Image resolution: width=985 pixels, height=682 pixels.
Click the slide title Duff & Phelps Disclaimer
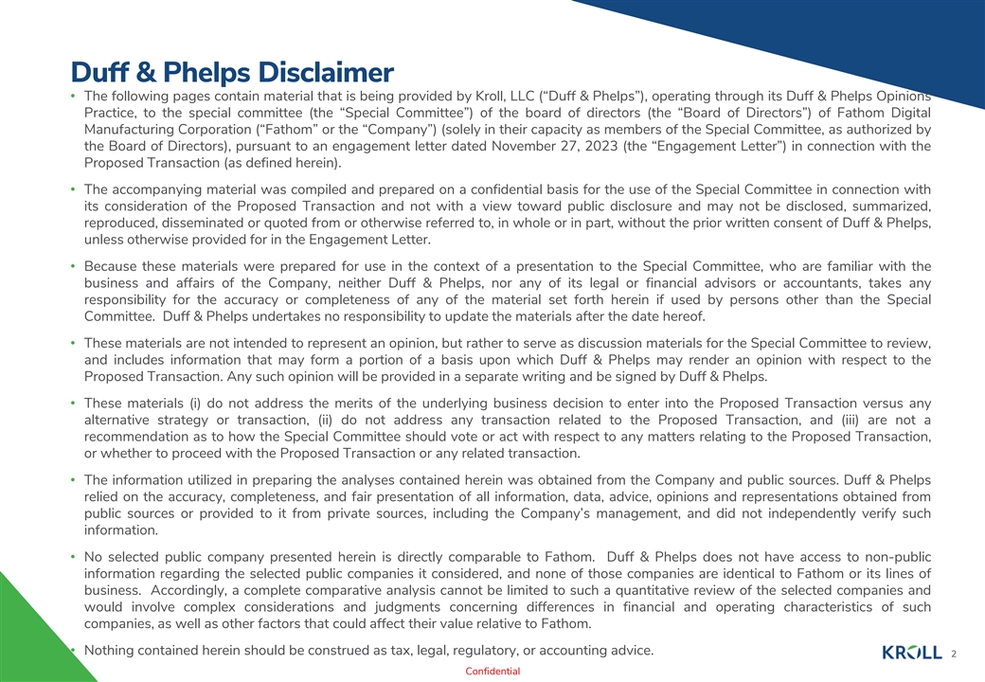232,72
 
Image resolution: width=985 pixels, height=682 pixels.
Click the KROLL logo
911,653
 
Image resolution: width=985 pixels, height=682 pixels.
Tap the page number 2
954,654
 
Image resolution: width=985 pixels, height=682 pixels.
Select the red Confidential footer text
492,672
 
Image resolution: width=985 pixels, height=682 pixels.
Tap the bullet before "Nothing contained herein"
73,650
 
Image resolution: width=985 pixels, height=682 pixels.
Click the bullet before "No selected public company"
73,557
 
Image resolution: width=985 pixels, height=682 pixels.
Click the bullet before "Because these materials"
73,266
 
